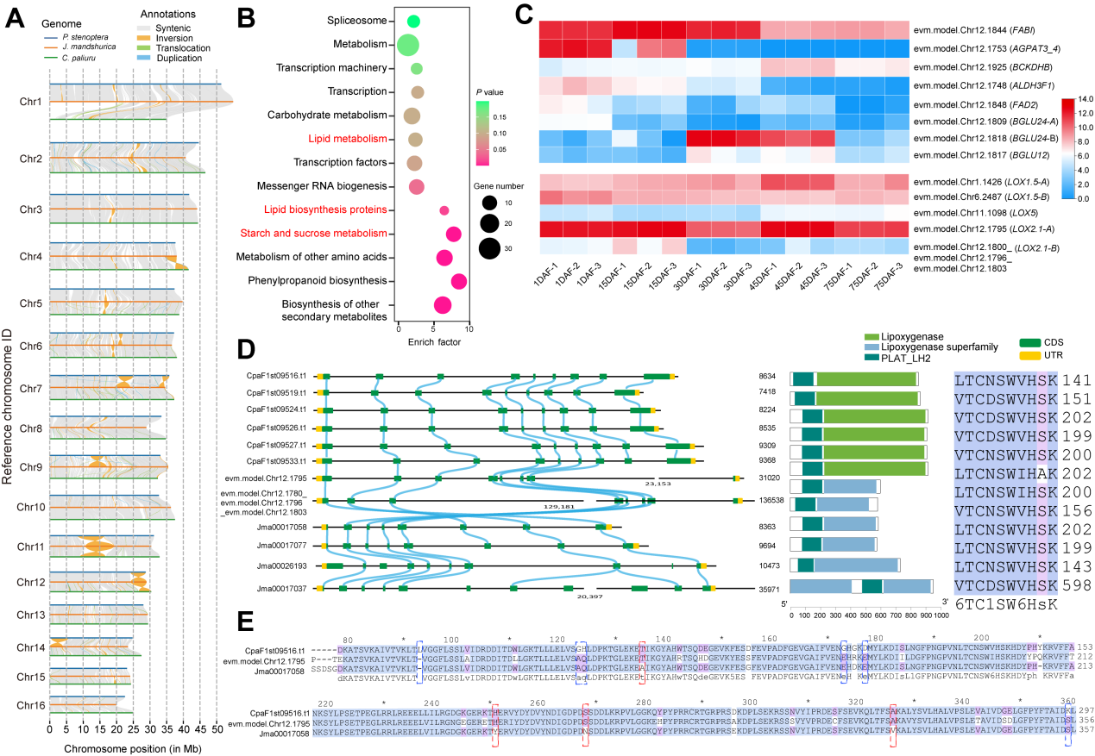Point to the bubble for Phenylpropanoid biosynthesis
point(458,281)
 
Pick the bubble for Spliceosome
point(413,21)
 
